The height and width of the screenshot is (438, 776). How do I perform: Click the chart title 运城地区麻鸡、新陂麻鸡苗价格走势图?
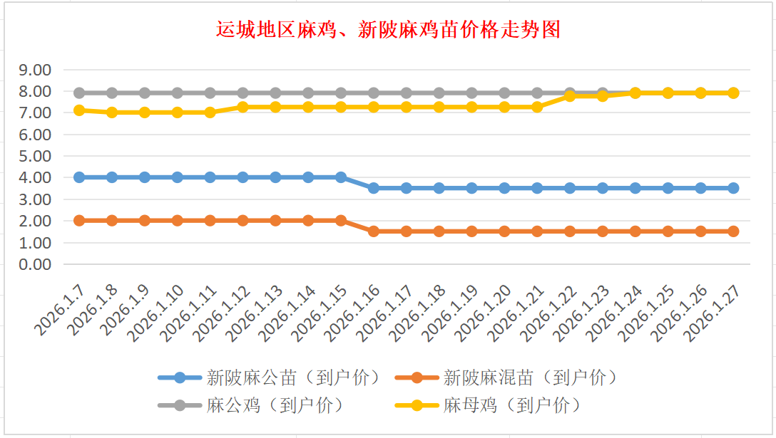point(389,29)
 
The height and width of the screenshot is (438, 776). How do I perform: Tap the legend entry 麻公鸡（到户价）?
point(275,405)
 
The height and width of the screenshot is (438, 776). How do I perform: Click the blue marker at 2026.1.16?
point(374,188)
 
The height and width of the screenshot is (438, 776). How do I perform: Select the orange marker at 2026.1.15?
point(341,221)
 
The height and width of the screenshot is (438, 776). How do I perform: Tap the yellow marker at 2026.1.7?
point(79,110)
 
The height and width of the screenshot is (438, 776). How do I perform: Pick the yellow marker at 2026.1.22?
point(570,95)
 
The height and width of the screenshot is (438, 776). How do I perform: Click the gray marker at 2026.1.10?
point(178,93)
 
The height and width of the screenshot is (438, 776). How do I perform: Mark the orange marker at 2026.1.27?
point(733,231)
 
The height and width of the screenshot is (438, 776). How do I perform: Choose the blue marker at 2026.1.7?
point(79,177)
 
